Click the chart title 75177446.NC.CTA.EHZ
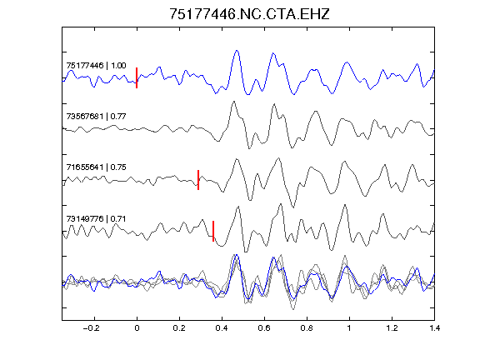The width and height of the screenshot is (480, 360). [x=249, y=14]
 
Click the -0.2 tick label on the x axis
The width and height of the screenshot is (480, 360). [x=91, y=328]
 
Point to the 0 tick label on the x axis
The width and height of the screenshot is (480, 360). [x=137, y=328]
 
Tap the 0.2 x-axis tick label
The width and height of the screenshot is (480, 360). [x=179, y=328]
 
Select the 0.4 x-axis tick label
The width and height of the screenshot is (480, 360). [x=222, y=328]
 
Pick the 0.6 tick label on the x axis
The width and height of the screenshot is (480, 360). [x=264, y=328]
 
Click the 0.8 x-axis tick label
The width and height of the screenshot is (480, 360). [x=307, y=328]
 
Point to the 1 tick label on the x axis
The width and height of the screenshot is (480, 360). [x=349, y=328]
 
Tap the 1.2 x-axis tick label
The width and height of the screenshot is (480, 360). [x=392, y=328]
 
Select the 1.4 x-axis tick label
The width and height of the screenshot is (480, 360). [x=434, y=328]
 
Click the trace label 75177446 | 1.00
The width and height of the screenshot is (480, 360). [x=96, y=66]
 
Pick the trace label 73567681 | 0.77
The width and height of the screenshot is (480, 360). [x=96, y=117]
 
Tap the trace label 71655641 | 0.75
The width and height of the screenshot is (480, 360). [x=96, y=167]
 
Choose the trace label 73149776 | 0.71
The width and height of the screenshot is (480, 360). [x=96, y=218]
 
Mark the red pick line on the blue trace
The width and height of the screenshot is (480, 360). [x=137, y=77]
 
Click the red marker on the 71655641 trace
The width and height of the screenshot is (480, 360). [x=198, y=180]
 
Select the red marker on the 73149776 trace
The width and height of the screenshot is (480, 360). [x=213, y=231]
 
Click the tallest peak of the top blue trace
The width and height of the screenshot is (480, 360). [x=237, y=51]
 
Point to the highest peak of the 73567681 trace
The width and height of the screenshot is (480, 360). [x=234, y=102]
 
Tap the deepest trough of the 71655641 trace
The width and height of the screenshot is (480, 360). [x=293, y=207]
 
